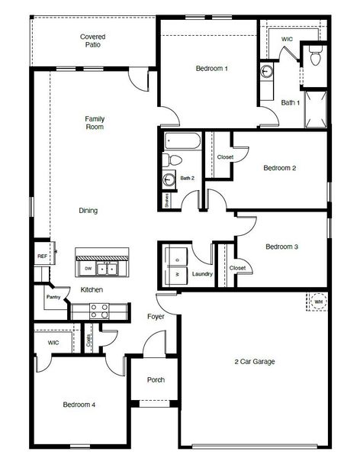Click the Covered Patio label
point(93,40)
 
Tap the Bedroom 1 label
point(212,69)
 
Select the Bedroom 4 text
point(79,405)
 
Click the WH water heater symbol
point(318,302)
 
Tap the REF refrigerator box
point(42,256)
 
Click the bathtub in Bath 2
point(182,141)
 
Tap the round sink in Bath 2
point(169,179)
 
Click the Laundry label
point(202,273)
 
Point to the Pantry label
point(53,297)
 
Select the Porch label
point(156,380)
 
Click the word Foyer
point(156,316)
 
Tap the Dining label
point(88,211)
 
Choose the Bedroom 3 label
point(281,247)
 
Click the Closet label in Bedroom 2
point(225,157)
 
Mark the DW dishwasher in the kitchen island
point(89,269)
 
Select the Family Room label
point(95,123)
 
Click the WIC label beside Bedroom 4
point(53,343)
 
